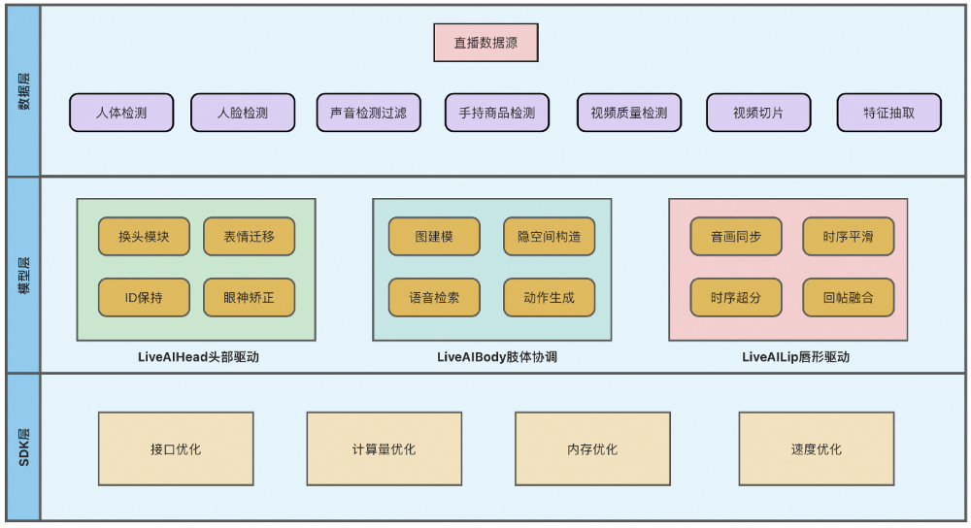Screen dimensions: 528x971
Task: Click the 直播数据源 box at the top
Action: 485,43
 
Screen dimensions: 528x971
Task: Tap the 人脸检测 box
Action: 242,113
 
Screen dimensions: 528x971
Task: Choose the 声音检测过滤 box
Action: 368,113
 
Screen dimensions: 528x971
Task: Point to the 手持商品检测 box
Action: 496,113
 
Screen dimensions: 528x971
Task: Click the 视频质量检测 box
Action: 628,113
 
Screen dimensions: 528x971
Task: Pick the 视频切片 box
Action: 757,113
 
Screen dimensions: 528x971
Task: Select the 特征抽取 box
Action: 888,113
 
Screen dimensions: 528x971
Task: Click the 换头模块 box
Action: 144,237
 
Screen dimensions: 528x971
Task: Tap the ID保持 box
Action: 144,298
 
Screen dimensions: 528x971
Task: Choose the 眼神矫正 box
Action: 249,298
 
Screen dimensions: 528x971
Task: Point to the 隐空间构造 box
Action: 549,237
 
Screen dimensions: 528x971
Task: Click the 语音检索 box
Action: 434,298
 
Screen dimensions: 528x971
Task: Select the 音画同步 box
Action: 735,237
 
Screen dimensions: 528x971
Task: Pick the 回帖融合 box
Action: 848,298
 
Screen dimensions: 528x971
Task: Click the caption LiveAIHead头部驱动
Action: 198,357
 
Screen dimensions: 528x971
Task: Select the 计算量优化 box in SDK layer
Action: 384,449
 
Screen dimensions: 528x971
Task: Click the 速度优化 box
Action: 816,449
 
